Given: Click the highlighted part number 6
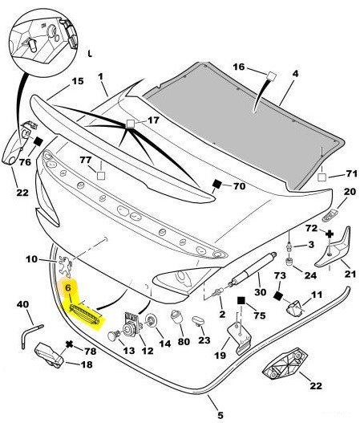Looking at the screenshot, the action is point(68,288).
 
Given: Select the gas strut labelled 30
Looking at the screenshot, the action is point(253,267).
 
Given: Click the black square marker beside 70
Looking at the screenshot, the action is point(217,184).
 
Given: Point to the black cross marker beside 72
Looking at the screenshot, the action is point(330,234).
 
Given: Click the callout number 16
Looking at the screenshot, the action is point(239,67).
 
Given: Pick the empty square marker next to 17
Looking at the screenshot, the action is point(131,124).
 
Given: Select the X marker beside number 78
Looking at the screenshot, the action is point(70,344).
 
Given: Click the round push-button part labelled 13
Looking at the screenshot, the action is point(113,336).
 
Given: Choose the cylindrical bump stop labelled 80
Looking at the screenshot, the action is point(176,317).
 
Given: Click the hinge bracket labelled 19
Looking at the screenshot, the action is point(240,339).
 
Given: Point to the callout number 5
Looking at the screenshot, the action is point(220,415).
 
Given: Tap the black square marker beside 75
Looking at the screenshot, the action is point(241,300).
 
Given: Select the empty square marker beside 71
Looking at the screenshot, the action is point(322,177).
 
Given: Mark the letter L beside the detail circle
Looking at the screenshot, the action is point(90,54).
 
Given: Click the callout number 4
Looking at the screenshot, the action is point(296,73).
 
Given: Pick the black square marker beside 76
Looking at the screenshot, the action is point(38,141).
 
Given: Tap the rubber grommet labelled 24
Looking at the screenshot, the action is point(289,262).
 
